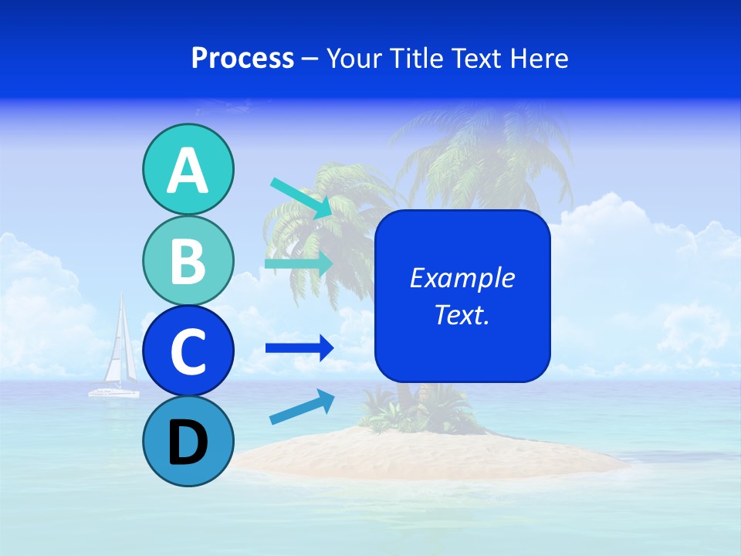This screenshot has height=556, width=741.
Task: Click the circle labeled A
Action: [188, 170]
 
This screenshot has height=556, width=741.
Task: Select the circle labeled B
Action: [188, 261]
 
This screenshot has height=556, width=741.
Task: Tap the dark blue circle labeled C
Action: [188, 351]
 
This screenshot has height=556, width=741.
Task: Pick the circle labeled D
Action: [188, 442]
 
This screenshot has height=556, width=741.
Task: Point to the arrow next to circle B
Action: [299, 263]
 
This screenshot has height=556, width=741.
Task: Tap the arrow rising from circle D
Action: [302, 407]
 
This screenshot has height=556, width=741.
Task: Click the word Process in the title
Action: [242, 58]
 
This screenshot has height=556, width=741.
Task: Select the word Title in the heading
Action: [423, 58]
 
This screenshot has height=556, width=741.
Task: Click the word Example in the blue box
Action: [462, 278]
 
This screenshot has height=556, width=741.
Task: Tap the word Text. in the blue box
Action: [462, 314]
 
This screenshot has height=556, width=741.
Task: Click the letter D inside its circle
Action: [188, 442]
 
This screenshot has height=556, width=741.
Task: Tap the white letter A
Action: [188, 171]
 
